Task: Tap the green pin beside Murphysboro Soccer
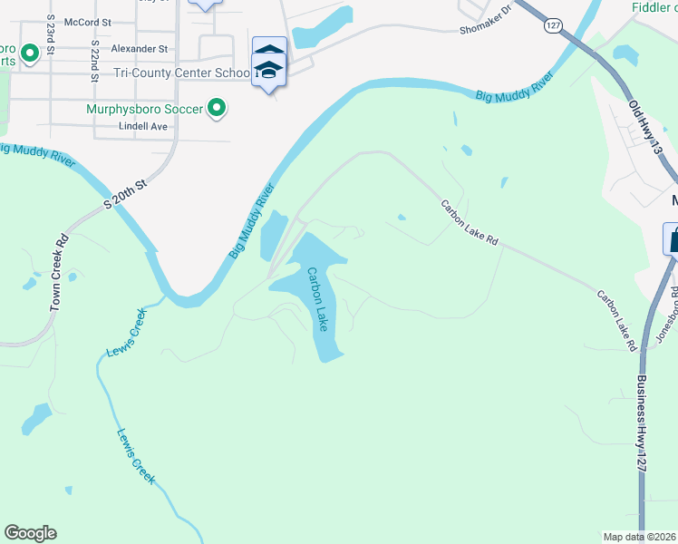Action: coord(216,109)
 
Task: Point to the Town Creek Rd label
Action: coord(61,275)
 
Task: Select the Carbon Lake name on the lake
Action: coord(316,298)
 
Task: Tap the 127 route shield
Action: coord(553,25)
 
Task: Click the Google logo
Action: coord(30,533)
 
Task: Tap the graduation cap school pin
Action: coord(268,69)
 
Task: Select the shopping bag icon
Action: coord(673,240)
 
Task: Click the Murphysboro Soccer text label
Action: coord(144,109)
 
